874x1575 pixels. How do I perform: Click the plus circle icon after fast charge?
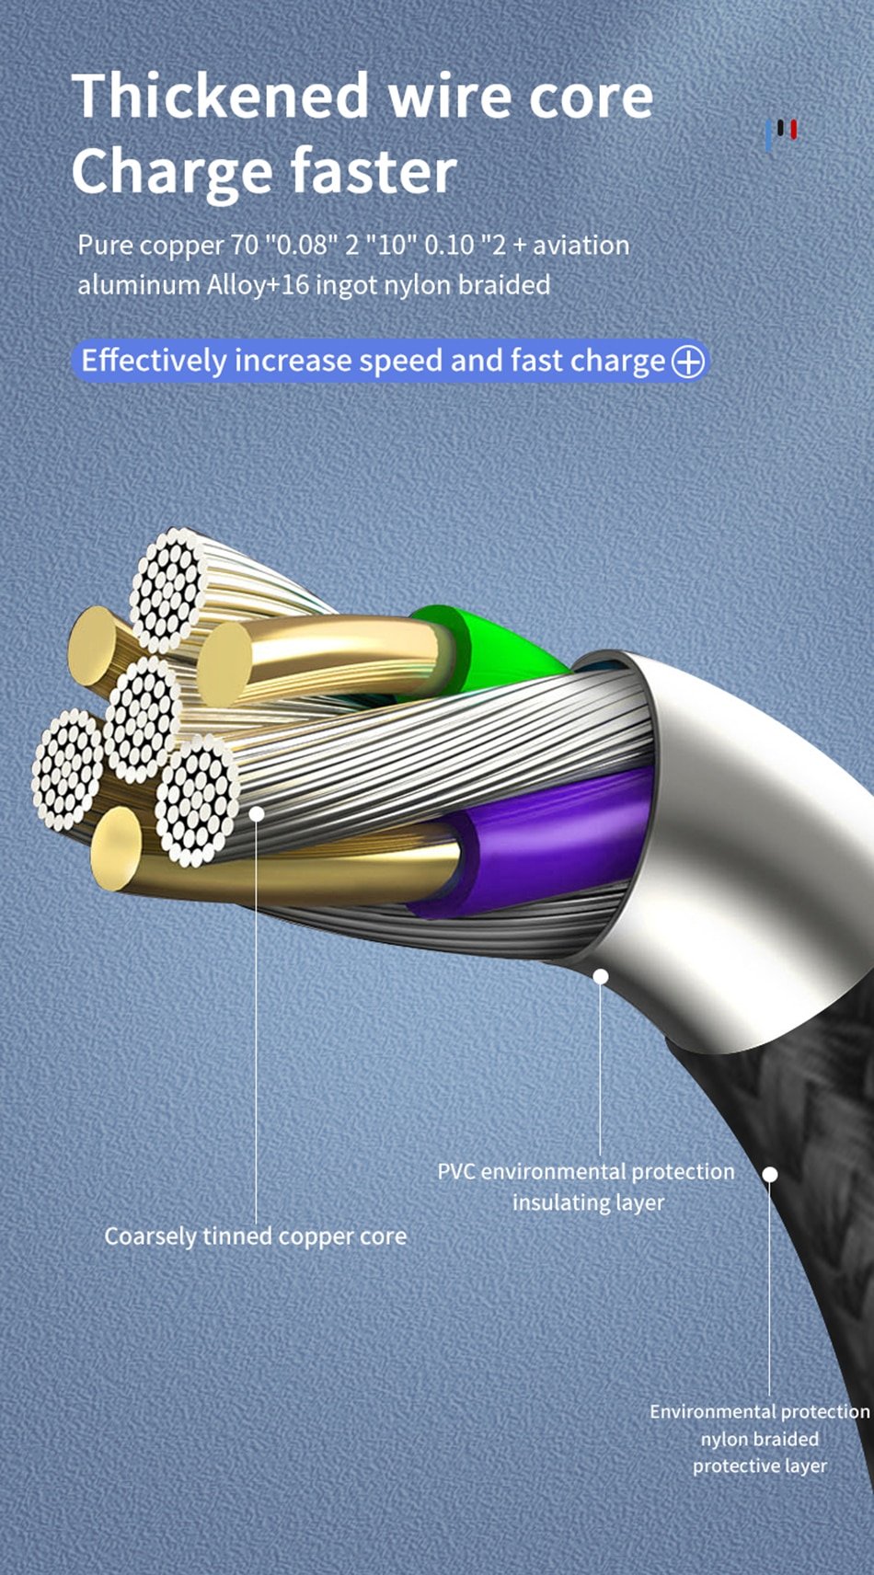pyautogui.click(x=687, y=362)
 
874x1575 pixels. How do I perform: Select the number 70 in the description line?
pyautogui.click(x=245, y=246)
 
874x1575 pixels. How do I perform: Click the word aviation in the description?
pyautogui.click(x=581, y=246)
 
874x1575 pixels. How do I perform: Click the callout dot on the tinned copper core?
pyautogui.click(x=257, y=813)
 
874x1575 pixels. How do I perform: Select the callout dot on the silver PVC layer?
pyautogui.click(x=601, y=977)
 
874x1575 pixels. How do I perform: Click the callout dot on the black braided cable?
pyautogui.click(x=770, y=1174)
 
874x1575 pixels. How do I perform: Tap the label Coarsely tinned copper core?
pyautogui.click(x=256, y=1236)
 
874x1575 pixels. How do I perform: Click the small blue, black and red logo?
pyautogui.click(x=781, y=133)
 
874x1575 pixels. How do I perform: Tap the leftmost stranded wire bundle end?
pyautogui.click(x=68, y=769)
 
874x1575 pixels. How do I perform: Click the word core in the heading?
pyautogui.click(x=591, y=98)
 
